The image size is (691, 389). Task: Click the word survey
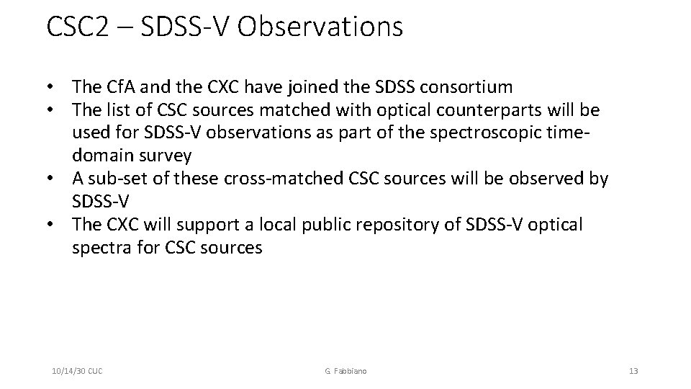(x=166, y=156)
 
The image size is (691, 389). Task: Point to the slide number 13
(x=633, y=371)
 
